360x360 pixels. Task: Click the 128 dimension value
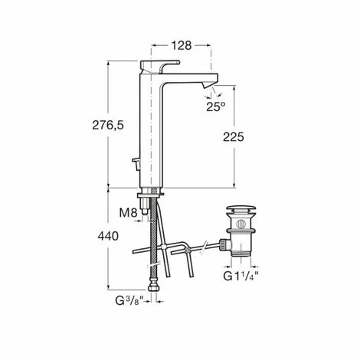pyautogui.click(x=182, y=45)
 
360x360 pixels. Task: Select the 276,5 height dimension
pyautogui.click(x=108, y=125)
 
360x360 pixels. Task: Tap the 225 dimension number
pyautogui.click(x=234, y=137)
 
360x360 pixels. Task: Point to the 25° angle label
pyautogui.click(x=216, y=106)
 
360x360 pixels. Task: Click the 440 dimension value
pyautogui.click(x=108, y=236)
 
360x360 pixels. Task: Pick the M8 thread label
pyautogui.click(x=128, y=213)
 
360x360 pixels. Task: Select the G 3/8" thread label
pyautogui.click(x=129, y=301)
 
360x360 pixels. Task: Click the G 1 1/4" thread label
pyautogui.click(x=241, y=276)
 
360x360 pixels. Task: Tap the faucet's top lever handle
pyautogui.click(x=159, y=66)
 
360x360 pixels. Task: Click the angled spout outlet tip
pyautogui.click(x=208, y=84)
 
